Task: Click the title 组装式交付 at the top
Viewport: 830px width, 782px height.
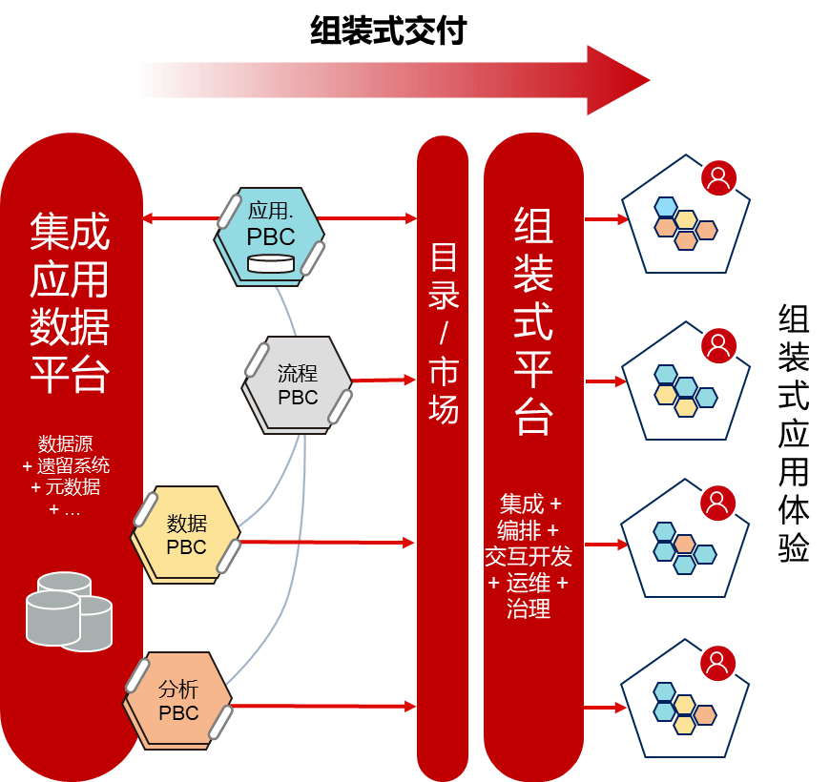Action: click(x=388, y=31)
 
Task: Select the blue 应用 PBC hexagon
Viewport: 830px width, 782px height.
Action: click(x=270, y=234)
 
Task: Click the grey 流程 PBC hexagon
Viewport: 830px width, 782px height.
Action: click(x=297, y=384)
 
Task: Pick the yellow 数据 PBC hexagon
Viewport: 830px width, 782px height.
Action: click(x=186, y=535)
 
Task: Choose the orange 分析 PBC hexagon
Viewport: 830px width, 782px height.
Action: click(x=178, y=700)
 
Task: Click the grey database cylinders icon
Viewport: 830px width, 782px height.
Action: click(x=68, y=610)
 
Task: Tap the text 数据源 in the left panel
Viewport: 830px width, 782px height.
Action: click(x=66, y=443)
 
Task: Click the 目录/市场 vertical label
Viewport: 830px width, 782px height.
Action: click(x=444, y=334)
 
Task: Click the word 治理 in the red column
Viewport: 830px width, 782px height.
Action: click(x=529, y=607)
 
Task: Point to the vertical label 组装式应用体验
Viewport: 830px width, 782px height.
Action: click(x=794, y=434)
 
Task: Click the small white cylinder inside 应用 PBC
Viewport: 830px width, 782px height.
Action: click(x=270, y=263)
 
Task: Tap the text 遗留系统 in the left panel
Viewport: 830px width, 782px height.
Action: click(x=73, y=465)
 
